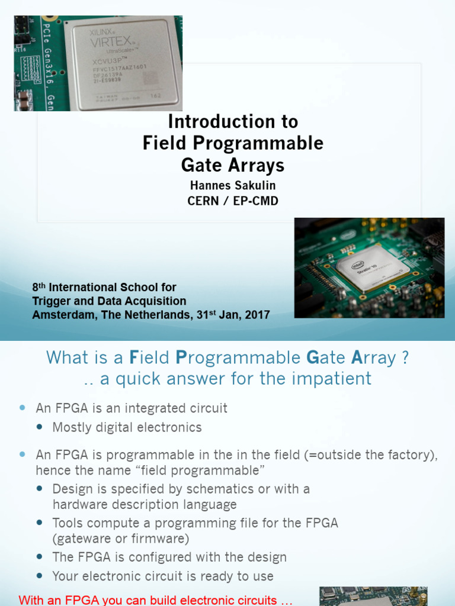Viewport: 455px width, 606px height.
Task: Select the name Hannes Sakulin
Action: tap(233, 186)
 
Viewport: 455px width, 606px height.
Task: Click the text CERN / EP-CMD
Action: tap(233, 201)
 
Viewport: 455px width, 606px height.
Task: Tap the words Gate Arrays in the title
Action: tap(233, 164)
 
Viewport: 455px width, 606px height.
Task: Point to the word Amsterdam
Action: tap(65, 315)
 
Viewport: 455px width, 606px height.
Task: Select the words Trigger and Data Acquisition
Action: tap(109, 301)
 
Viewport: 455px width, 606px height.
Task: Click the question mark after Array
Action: tap(404, 358)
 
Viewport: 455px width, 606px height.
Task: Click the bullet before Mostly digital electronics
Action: tap(40, 427)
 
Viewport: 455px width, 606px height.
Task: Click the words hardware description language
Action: tap(144, 505)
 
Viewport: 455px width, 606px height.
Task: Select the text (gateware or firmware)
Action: tap(120, 539)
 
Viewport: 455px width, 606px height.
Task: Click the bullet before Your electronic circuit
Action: tap(40, 576)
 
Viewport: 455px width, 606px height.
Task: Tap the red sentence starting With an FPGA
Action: tap(156, 600)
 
